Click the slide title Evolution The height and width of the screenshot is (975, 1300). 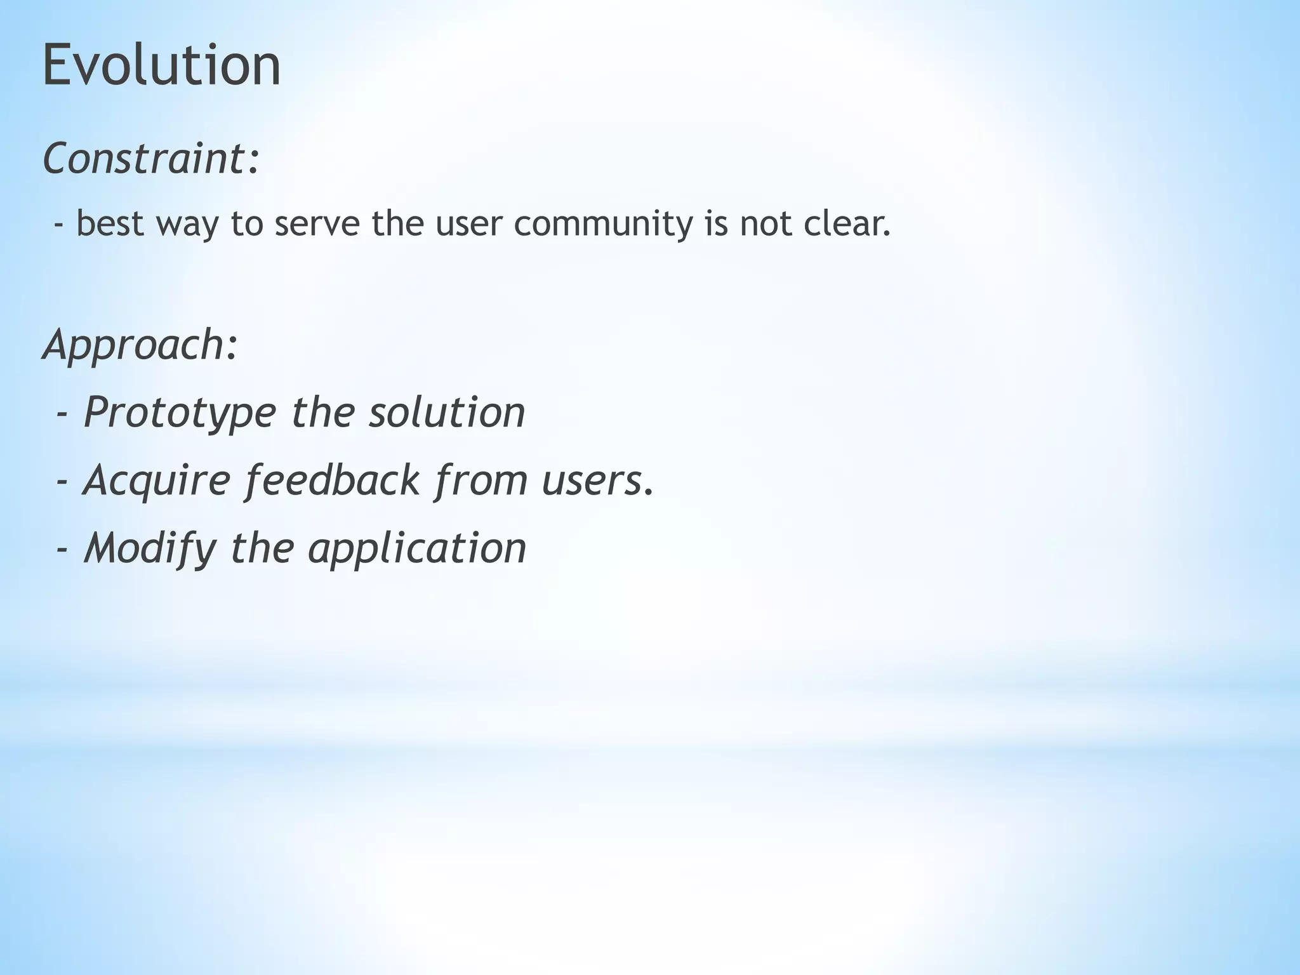coord(161,65)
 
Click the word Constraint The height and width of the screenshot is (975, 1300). coord(145,158)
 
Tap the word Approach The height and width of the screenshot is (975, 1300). coord(133,345)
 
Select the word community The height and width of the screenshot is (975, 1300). coord(602,223)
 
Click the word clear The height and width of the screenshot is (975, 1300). coord(847,223)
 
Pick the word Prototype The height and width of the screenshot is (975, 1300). coord(180,413)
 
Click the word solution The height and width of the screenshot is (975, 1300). coord(448,412)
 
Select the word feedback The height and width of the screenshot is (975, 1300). coord(332,481)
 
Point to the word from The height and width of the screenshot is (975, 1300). coord(481,481)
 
